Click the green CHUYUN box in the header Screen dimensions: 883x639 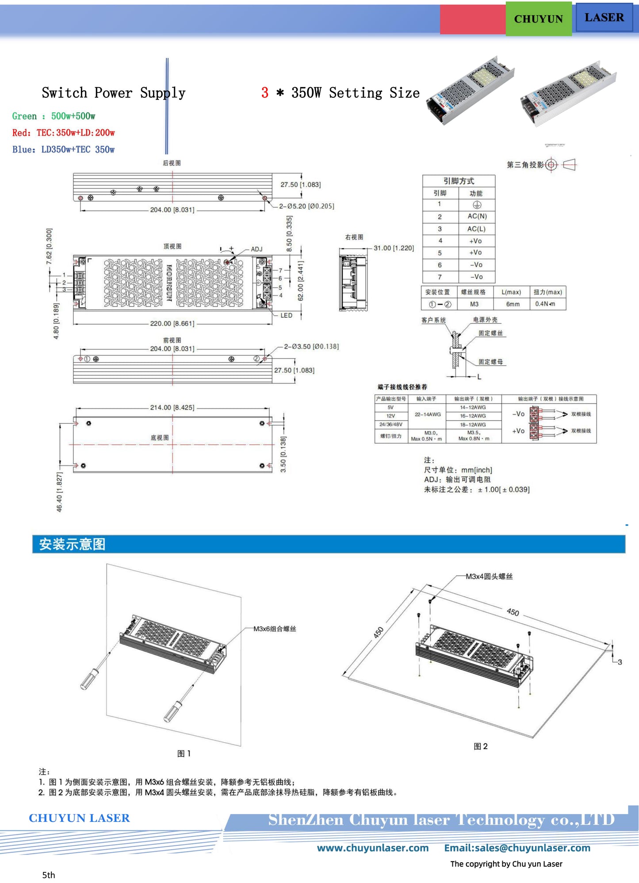(538, 19)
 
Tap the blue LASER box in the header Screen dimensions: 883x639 (604, 18)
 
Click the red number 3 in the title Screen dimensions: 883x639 (264, 93)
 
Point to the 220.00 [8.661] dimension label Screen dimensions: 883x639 (172, 323)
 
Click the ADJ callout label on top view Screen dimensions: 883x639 (256, 249)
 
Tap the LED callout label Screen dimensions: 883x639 (286, 315)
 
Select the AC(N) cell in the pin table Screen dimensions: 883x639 (477, 216)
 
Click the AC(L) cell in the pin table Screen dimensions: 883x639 (476, 229)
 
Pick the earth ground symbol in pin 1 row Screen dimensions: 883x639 (477, 205)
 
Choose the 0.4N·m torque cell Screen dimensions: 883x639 (547, 304)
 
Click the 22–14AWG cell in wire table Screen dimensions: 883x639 (427, 415)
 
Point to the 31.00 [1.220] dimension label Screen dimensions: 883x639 (394, 248)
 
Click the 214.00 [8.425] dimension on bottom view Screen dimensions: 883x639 (172, 407)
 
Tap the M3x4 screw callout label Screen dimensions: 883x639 (489, 576)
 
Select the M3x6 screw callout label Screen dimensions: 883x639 (274, 629)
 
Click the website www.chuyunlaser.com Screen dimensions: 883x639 (372, 848)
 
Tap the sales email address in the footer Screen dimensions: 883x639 (517, 848)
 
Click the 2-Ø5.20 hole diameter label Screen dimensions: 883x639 (306, 206)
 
